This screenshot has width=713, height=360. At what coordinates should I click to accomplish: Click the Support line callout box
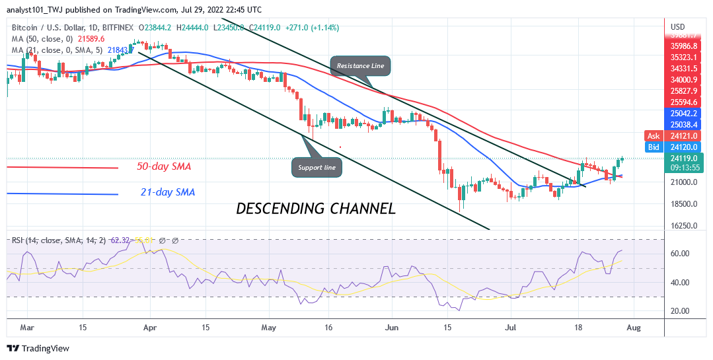tap(316, 168)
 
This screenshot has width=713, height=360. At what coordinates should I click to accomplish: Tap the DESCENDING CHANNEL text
tap(316, 209)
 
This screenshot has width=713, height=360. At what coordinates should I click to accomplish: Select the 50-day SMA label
tap(164, 166)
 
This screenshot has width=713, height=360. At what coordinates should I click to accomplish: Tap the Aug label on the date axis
tap(634, 326)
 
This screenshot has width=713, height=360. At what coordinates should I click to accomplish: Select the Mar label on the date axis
tap(27, 326)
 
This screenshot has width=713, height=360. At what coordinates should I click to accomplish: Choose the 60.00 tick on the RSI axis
tap(680, 254)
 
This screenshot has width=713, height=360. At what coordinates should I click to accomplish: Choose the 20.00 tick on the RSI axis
tap(680, 310)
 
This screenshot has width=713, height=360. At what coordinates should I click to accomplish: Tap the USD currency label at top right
tap(678, 27)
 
